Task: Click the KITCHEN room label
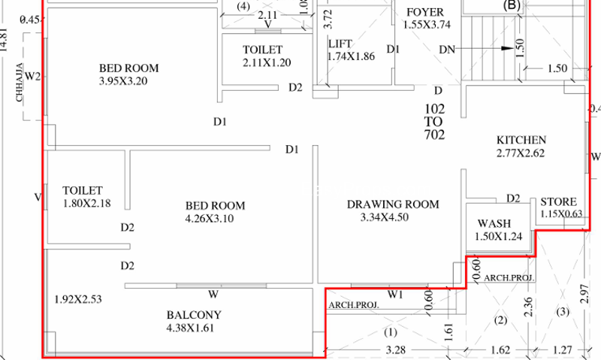[521, 140]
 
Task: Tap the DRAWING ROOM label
[393, 204]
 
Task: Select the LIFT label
[340, 44]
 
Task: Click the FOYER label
[425, 12]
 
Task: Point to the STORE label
[558, 202]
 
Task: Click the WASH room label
[494, 223]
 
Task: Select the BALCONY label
[194, 315]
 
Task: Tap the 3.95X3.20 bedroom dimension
[123, 81]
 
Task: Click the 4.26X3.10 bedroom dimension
[210, 219]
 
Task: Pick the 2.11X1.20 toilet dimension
[267, 63]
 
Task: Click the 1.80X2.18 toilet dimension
[87, 203]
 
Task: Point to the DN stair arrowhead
[508, 49]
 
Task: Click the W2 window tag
[32, 77]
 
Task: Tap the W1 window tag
[395, 295]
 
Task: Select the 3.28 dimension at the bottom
[396, 350]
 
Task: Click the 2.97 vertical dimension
[584, 294]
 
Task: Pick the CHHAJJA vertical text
[20, 82]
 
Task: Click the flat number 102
[435, 109]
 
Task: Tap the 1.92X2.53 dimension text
[78, 299]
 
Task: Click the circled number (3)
[563, 312]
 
